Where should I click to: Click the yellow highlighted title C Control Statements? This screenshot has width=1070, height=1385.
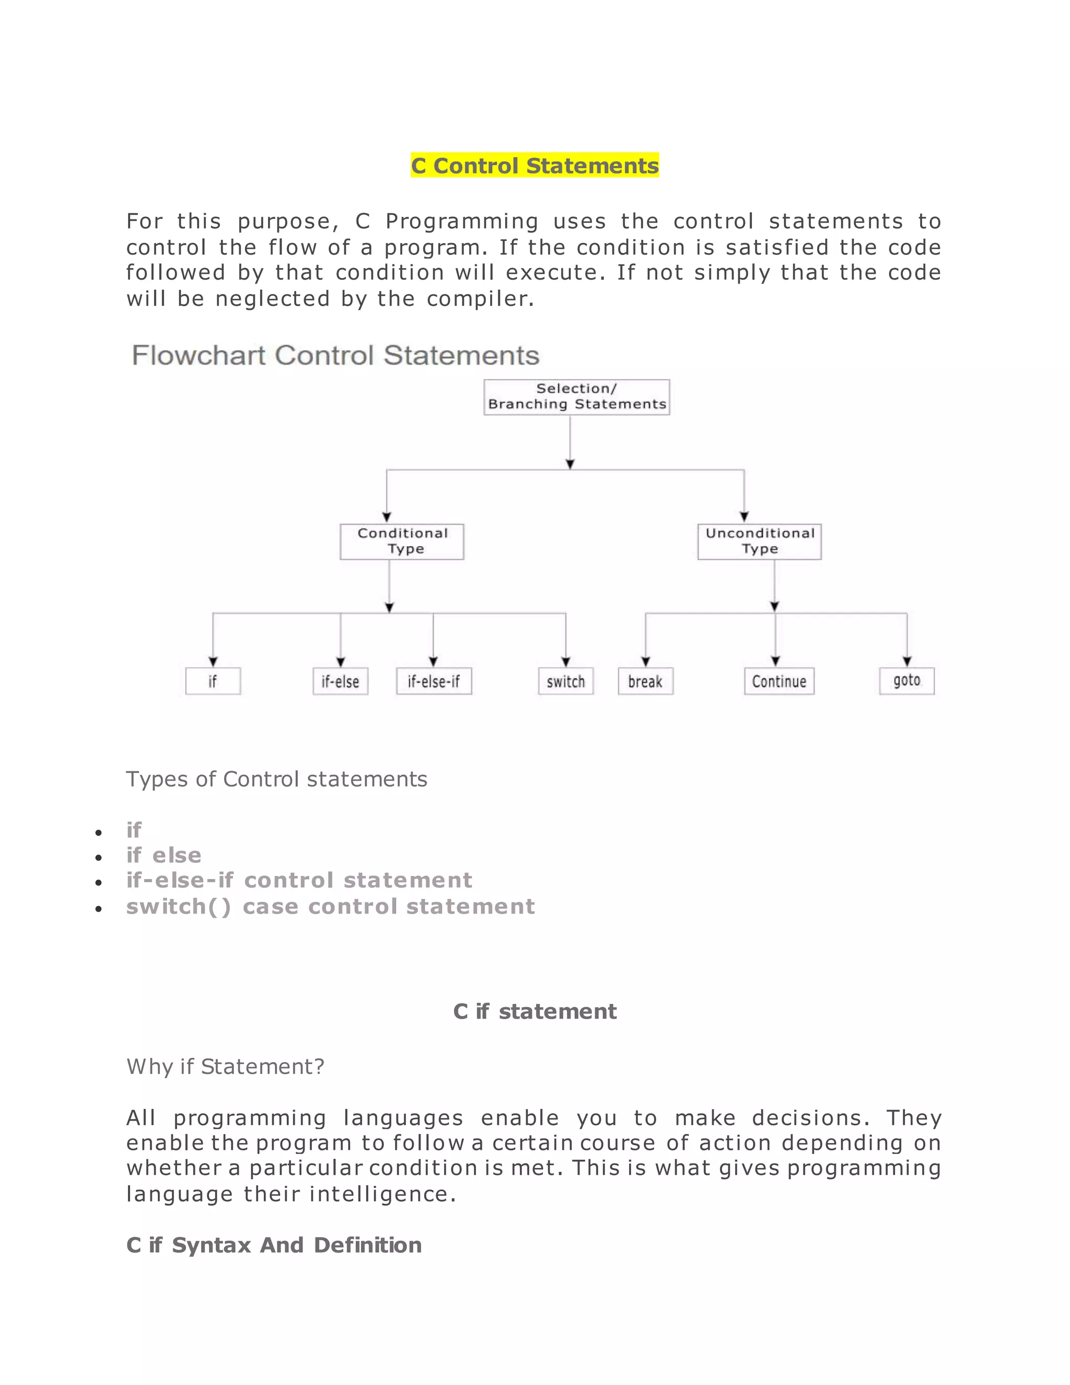[x=534, y=166]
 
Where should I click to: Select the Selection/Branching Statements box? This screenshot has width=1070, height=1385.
[x=576, y=397]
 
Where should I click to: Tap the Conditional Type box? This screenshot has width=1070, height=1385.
[x=402, y=541]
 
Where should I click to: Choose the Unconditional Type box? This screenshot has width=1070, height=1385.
[x=759, y=541]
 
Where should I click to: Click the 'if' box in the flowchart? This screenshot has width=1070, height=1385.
[x=213, y=681]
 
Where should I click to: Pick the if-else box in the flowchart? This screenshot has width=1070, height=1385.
[x=341, y=681]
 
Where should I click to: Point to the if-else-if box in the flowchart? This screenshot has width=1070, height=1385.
[x=434, y=681]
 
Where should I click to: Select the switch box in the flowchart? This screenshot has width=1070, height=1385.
[x=565, y=681]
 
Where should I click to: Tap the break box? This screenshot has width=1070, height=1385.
[x=645, y=681]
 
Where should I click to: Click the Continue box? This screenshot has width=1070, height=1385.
[x=779, y=681]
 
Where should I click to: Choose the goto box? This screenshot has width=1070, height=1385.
[x=906, y=681]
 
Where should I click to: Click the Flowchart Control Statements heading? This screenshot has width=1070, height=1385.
[x=335, y=355]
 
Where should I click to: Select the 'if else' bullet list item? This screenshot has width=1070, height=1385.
[x=164, y=856]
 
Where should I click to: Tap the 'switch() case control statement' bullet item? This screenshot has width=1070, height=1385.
[x=330, y=907]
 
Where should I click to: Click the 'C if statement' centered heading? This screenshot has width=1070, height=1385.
[x=534, y=1011]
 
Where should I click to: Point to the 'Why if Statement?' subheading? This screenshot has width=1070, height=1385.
[x=225, y=1067]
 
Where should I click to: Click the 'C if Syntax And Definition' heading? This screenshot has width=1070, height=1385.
[x=274, y=1245]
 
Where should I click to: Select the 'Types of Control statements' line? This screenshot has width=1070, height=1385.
[x=276, y=779]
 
